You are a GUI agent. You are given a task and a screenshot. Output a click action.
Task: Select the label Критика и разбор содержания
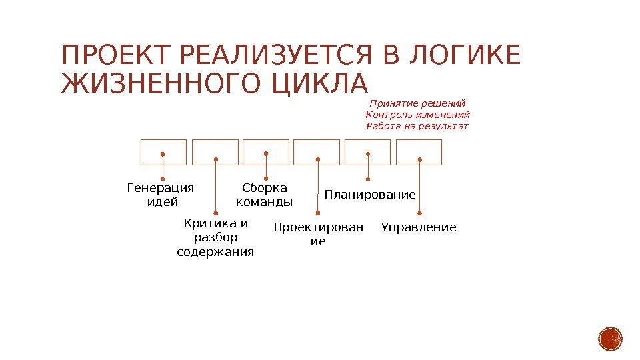[x=215, y=237]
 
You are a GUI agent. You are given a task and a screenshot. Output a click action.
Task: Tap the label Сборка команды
[x=265, y=195]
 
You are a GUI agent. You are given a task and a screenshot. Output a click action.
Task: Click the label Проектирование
[x=319, y=234]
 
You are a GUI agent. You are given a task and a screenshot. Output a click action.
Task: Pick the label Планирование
[x=369, y=195]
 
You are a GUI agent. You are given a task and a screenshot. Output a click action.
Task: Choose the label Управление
[x=419, y=227]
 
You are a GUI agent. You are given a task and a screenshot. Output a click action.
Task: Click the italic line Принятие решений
[x=417, y=103]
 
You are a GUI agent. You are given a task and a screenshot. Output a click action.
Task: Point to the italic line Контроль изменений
[x=418, y=115]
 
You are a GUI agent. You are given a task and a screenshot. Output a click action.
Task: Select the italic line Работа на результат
[x=418, y=126]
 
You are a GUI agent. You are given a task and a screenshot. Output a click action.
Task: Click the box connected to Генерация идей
[x=163, y=151]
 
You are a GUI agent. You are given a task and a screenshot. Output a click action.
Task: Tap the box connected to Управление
[x=419, y=151]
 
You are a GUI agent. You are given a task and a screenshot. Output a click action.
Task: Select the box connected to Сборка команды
[x=266, y=151]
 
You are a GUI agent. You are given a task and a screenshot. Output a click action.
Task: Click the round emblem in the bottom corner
[x=610, y=339]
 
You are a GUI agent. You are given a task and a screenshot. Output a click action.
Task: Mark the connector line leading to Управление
[x=419, y=190]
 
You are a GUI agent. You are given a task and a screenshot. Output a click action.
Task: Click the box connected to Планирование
[x=367, y=151]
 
